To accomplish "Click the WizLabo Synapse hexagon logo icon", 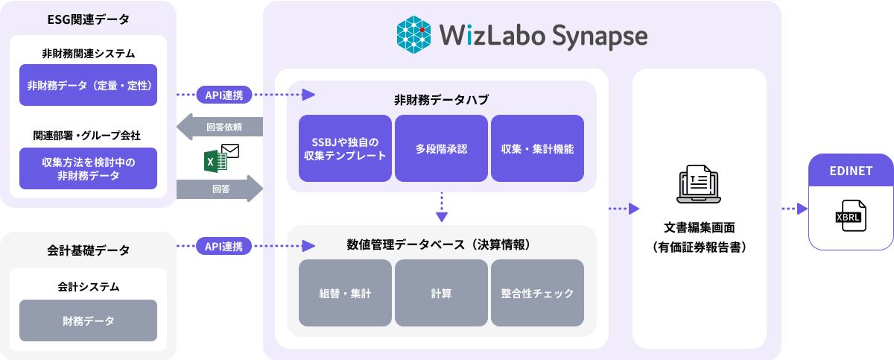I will click(415, 35).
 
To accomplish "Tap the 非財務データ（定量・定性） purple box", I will click(89, 85).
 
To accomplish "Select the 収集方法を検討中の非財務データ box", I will click(89, 168).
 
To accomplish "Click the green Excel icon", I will click(217, 162).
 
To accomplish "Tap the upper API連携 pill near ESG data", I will click(224, 95).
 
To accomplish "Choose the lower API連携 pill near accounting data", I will click(224, 246).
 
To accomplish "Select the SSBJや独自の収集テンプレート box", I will click(345, 148).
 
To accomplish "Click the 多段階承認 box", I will click(441, 148).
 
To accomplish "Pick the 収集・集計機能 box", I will click(537, 148).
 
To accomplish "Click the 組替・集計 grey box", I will click(345, 293).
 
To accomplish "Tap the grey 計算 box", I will click(441, 293).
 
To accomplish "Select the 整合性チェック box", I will click(537, 293).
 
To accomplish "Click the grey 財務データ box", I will click(89, 320).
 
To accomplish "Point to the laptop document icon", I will click(699, 185).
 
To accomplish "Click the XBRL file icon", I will click(850, 215).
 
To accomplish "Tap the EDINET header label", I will click(850, 171).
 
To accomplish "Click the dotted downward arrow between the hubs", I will click(442, 207).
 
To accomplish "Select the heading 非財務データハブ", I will click(441, 99).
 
